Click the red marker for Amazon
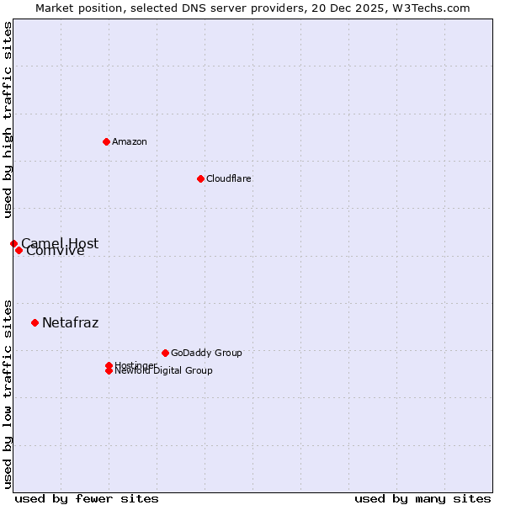click(106, 141)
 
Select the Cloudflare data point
click(200, 178)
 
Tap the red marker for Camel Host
click(13, 243)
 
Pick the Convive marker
click(19, 250)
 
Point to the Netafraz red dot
click(35, 322)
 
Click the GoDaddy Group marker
click(165, 353)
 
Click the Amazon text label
click(130, 141)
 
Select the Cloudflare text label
click(229, 178)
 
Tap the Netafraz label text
click(70, 322)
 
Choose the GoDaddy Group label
click(206, 353)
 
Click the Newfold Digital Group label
click(164, 371)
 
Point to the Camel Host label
click(60, 242)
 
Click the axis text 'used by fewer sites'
click(87, 498)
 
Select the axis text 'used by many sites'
click(423, 498)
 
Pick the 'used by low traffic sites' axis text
click(8, 394)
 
